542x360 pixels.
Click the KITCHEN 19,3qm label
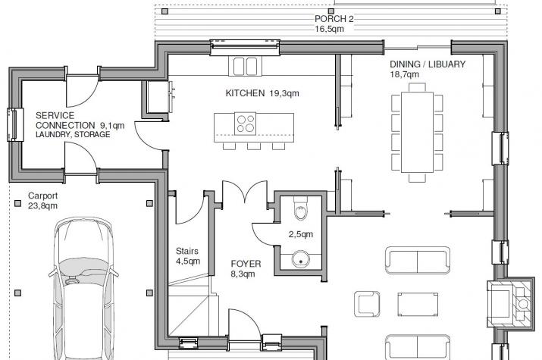click(x=262, y=93)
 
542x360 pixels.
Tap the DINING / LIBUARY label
click(x=428, y=64)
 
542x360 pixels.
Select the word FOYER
click(x=246, y=264)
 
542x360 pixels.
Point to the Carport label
click(x=43, y=196)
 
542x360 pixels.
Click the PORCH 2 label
click(x=334, y=19)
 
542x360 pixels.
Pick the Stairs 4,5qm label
click(x=188, y=256)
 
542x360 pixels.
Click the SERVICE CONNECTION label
click(x=65, y=121)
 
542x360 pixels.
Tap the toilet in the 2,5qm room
click(x=301, y=208)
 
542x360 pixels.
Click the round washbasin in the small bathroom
click(x=300, y=260)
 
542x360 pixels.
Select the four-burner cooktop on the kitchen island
click(x=246, y=124)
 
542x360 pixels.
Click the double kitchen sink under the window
click(x=246, y=67)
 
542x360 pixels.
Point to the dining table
click(x=417, y=132)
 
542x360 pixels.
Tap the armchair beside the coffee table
click(x=367, y=304)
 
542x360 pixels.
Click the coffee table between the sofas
click(x=418, y=304)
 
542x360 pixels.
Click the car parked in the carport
click(x=83, y=289)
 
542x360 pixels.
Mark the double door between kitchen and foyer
click(x=245, y=192)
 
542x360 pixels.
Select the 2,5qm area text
click(x=301, y=234)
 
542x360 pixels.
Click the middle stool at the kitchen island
click(x=254, y=146)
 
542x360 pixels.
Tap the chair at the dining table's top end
click(x=417, y=87)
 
